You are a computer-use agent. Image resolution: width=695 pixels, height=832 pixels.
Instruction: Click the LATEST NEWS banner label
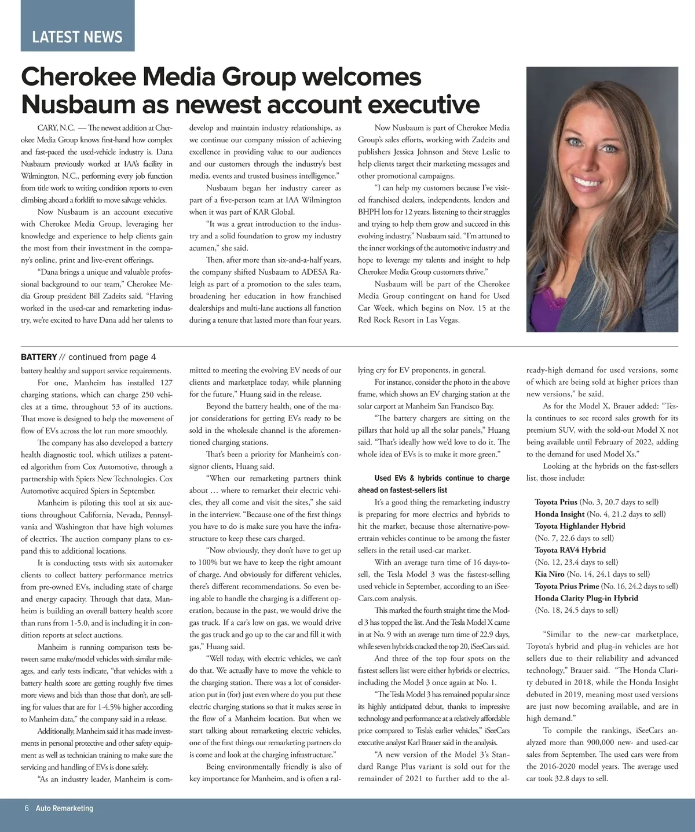[77, 37]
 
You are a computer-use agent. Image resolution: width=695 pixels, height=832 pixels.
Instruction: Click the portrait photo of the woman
[602, 199]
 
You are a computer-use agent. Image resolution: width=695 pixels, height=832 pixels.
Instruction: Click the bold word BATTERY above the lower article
[39, 357]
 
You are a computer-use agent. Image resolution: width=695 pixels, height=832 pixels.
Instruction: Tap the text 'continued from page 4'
[112, 357]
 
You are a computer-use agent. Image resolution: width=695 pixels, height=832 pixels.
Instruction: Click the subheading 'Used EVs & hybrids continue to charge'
[442, 478]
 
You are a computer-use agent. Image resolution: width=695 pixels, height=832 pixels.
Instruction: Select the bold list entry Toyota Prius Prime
[566, 586]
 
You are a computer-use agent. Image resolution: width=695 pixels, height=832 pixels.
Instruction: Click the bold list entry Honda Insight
[559, 514]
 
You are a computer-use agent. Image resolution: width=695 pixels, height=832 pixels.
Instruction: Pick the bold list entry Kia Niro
[549, 574]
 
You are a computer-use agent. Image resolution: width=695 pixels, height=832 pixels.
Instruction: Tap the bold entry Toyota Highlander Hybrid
[580, 526]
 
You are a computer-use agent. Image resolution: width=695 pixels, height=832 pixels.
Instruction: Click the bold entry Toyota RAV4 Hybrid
[570, 550]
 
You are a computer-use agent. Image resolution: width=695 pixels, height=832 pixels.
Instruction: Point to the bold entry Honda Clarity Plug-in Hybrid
[586, 598]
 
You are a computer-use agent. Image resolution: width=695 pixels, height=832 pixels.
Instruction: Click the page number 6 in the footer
[27, 808]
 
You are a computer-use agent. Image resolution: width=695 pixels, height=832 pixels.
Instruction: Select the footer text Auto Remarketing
[64, 808]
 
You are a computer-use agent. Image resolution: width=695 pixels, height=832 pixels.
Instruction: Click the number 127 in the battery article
[166, 382]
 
